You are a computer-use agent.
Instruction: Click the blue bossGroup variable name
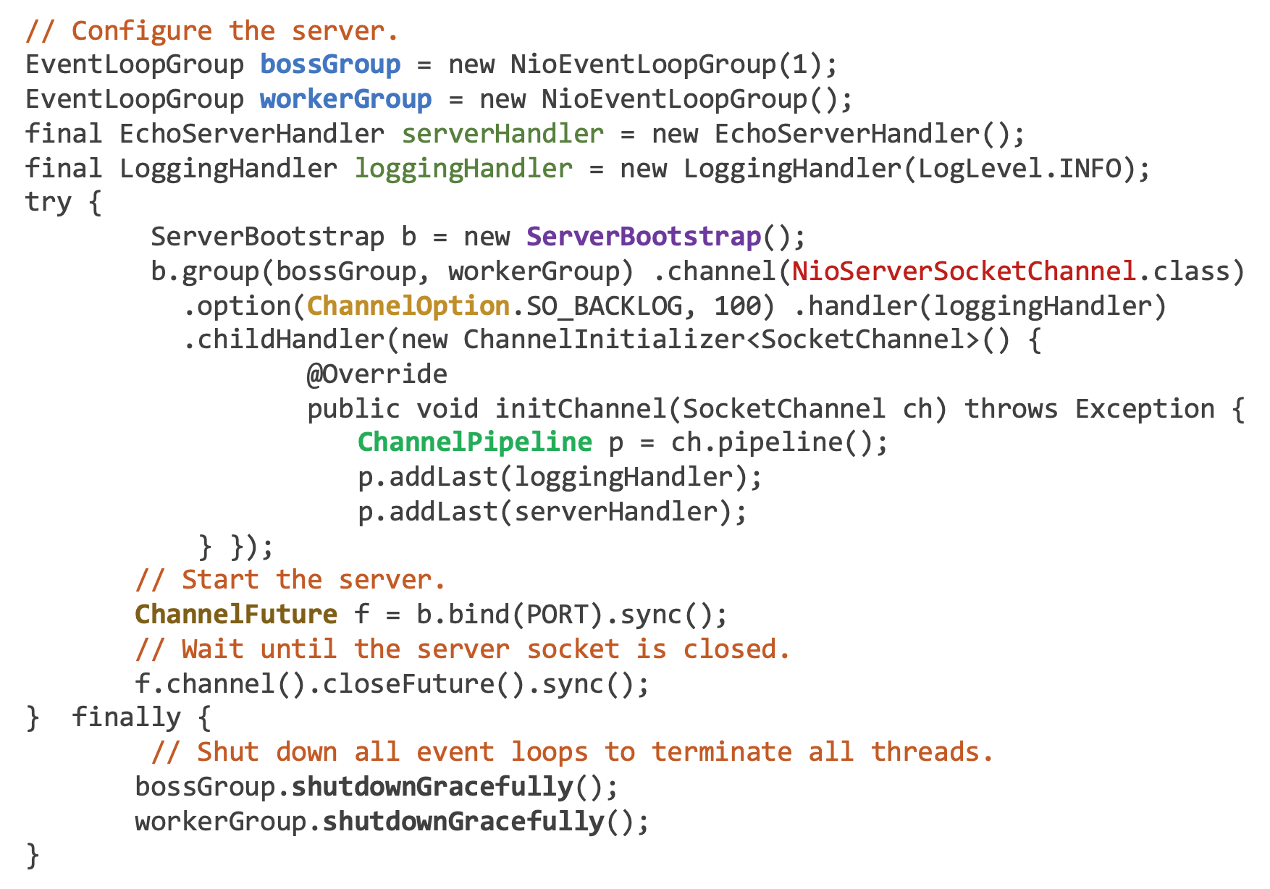point(330,65)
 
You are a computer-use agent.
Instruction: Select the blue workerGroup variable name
point(345,99)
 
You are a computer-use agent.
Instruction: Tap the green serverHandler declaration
point(502,134)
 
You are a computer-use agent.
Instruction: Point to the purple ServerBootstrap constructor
point(644,237)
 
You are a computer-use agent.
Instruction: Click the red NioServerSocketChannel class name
point(963,271)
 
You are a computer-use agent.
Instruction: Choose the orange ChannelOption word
point(408,306)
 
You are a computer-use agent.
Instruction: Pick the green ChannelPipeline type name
point(474,442)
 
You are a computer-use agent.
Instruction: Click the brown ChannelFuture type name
point(236,615)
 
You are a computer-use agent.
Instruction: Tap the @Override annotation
point(377,374)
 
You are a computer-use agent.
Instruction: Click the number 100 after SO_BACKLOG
point(737,306)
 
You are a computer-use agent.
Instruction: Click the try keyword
point(48,202)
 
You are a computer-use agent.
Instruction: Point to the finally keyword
point(126,717)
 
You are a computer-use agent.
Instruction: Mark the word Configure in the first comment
point(141,31)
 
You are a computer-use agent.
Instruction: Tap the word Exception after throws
point(1144,409)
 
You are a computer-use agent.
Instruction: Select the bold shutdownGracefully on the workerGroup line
point(463,822)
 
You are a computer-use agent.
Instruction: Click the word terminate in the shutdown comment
point(721,752)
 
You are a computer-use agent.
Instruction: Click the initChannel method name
point(580,409)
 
